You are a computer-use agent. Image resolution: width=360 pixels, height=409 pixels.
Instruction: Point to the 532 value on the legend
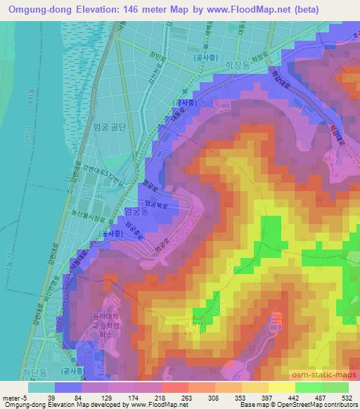(345, 397)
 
